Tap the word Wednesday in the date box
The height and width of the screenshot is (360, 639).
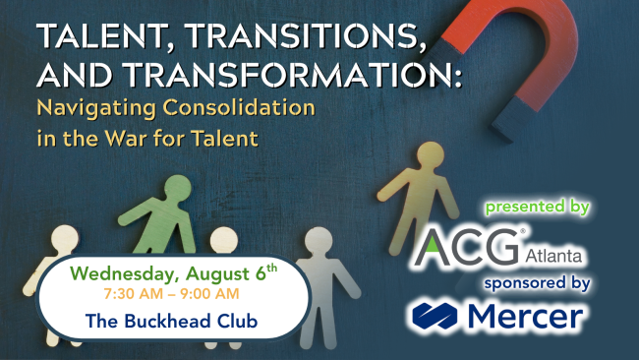[112, 269]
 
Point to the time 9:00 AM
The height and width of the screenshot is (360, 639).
[211, 292]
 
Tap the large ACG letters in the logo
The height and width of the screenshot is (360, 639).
[467, 246]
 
